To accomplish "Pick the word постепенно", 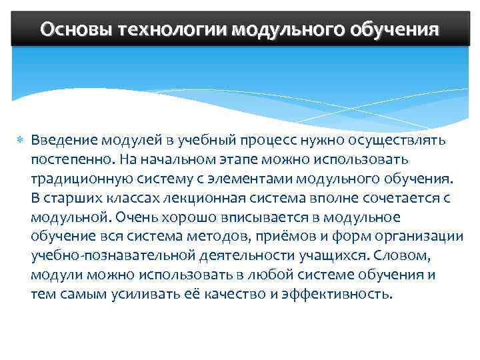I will click(x=71, y=160).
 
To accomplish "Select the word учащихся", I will click(x=331, y=255).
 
